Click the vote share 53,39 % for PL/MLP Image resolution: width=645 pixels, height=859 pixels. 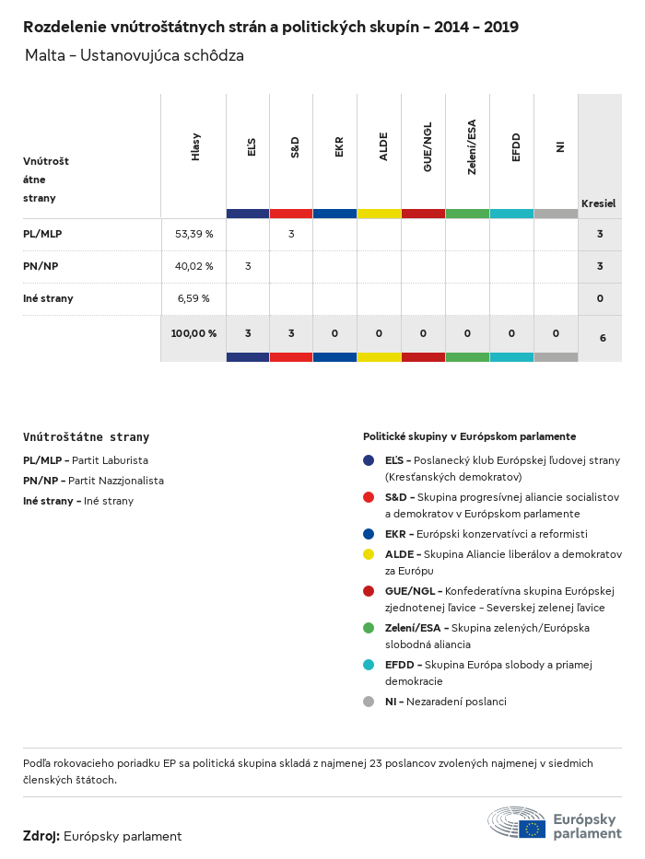click(193, 234)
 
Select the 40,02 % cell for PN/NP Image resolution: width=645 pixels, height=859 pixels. click(193, 266)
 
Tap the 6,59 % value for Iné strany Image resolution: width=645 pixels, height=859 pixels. click(193, 298)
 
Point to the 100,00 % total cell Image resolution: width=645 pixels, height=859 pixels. click(193, 333)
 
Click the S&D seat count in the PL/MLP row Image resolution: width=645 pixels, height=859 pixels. click(291, 234)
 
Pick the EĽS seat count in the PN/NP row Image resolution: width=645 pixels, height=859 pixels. click(248, 266)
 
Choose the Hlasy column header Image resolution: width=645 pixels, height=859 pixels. click(195, 147)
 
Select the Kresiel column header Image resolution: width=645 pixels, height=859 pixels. click(598, 203)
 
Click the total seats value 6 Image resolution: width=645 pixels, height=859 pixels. click(603, 338)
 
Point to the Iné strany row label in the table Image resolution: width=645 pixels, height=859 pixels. click(48, 298)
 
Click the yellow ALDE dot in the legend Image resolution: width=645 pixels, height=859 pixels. click(369, 554)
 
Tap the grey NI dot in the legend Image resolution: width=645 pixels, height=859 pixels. click(369, 702)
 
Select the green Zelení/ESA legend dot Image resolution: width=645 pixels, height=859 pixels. click(369, 628)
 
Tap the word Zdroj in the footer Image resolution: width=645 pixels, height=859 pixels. click(41, 836)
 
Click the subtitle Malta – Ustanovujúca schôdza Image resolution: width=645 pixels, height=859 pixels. click(135, 55)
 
